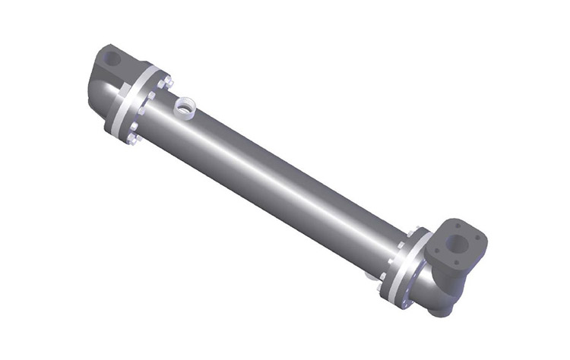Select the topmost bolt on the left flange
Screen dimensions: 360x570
pyautogui.click(x=166, y=78)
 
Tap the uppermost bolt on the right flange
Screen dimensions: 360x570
pyautogui.click(x=413, y=232)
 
